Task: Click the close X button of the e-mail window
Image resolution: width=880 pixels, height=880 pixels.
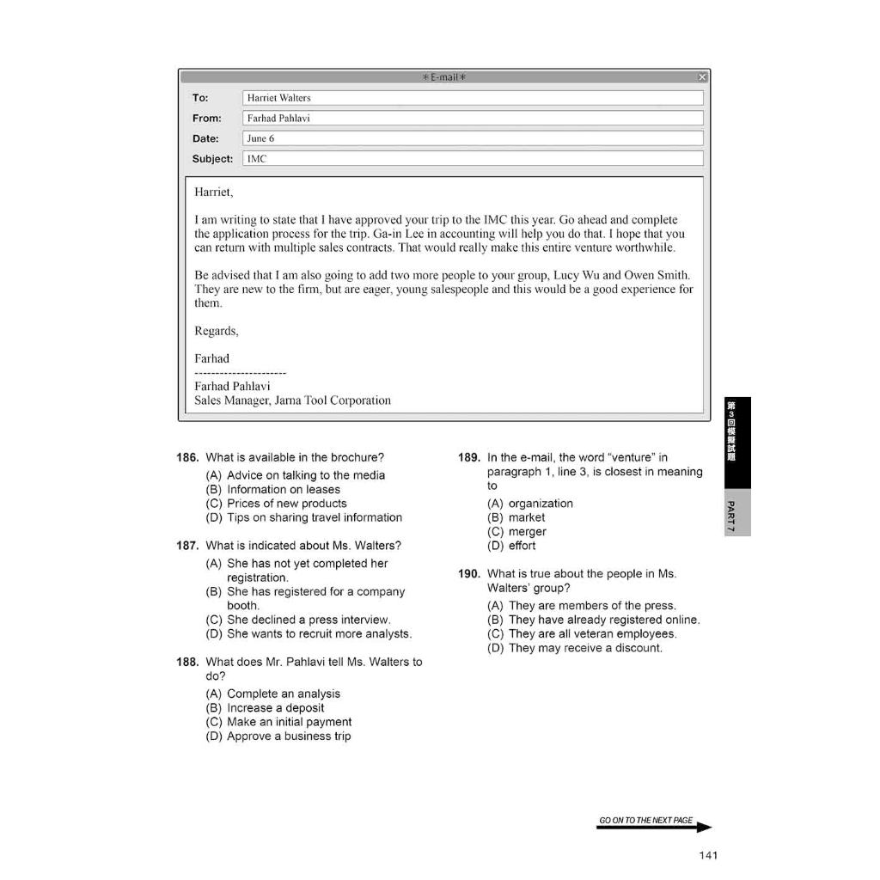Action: coord(702,77)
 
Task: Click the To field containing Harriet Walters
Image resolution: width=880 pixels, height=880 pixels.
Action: coord(473,98)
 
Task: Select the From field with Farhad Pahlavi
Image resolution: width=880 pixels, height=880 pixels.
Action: coord(473,119)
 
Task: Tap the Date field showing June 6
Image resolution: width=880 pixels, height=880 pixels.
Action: coord(473,138)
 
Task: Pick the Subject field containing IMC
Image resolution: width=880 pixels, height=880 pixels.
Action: coord(473,159)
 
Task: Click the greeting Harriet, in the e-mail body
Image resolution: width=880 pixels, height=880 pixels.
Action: coord(214,192)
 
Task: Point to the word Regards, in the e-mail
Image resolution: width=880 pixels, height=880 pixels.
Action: coord(217,331)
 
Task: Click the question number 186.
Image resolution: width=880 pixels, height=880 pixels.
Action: coord(187,458)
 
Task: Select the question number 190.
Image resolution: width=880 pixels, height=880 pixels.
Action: coord(468,574)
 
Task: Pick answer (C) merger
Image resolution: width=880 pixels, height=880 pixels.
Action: coord(516,532)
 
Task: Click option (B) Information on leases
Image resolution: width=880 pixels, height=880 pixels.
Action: coord(273,490)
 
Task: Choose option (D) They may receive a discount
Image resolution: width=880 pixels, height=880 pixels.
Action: coord(574,648)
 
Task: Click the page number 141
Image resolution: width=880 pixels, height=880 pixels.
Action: coord(708,854)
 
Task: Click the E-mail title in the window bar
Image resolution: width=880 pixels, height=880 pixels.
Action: coord(444,77)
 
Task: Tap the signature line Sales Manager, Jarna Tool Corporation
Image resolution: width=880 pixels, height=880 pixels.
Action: coord(292,400)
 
